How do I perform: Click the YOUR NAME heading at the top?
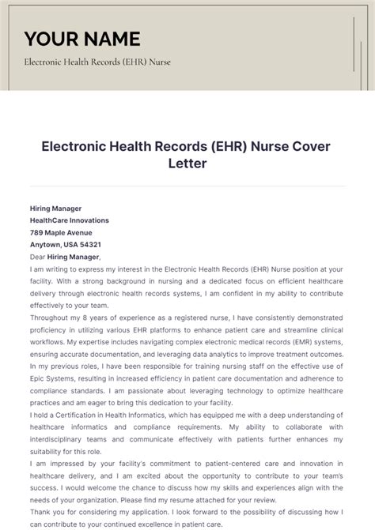click(82, 39)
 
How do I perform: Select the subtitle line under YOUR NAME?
click(97, 62)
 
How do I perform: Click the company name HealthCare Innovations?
click(70, 220)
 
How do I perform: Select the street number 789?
click(37, 232)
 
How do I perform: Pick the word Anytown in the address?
click(45, 244)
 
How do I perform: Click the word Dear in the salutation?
click(38, 257)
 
